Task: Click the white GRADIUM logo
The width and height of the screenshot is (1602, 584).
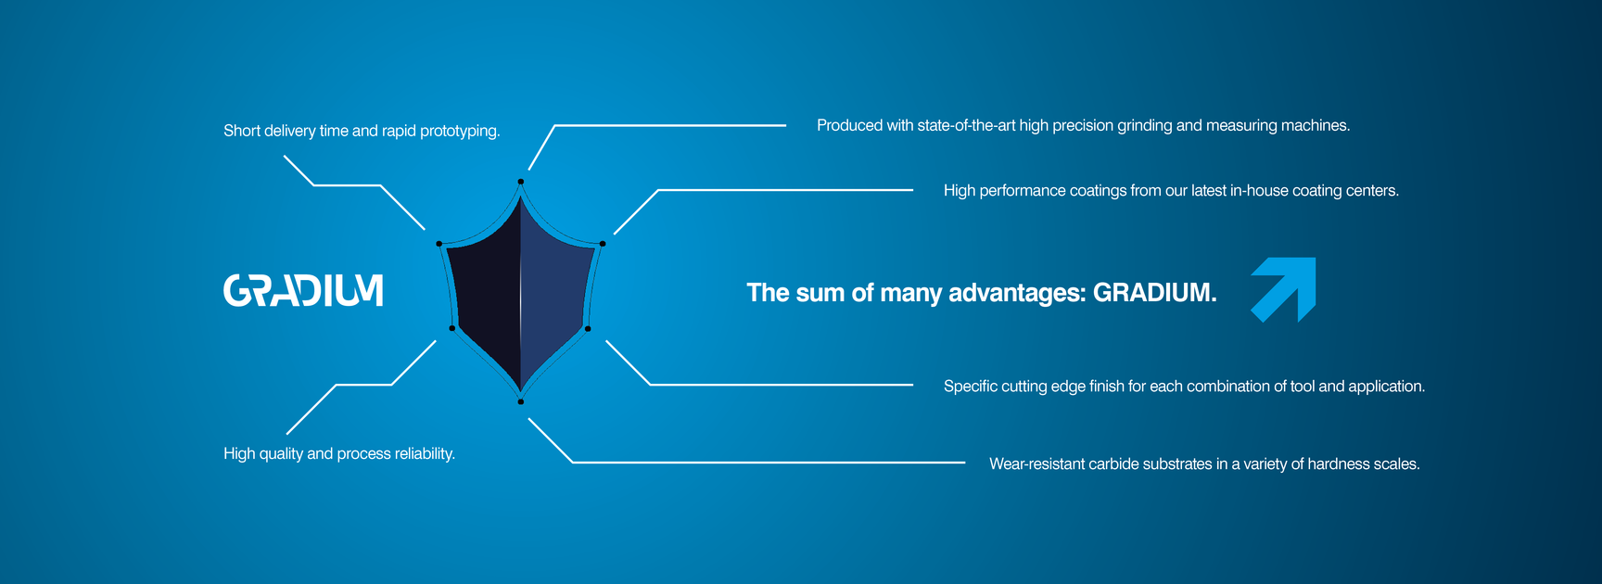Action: [303, 290]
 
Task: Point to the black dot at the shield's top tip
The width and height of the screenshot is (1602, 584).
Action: [521, 182]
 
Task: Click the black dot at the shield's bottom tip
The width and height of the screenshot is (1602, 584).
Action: [521, 401]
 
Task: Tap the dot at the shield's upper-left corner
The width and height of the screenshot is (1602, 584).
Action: [439, 244]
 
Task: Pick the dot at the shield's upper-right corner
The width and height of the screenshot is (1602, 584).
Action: [603, 244]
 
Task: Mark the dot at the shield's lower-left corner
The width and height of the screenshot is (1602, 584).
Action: [452, 328]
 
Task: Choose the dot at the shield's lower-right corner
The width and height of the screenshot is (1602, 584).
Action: [588, 328]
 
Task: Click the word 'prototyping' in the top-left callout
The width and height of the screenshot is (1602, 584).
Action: [460, 132]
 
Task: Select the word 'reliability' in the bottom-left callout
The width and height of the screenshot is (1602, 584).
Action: [425, 454]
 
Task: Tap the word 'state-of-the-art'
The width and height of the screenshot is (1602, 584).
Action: [966, 125]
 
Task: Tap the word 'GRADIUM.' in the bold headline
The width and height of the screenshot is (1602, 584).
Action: [1155, 292]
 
